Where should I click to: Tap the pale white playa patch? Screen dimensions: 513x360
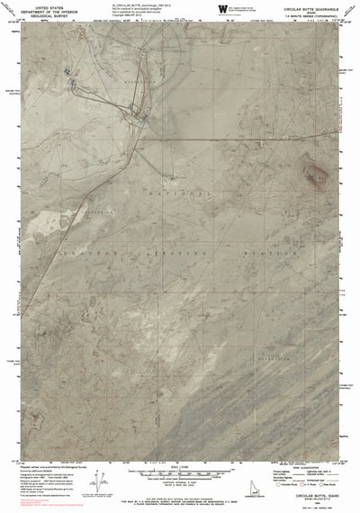[x=40, y=216]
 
